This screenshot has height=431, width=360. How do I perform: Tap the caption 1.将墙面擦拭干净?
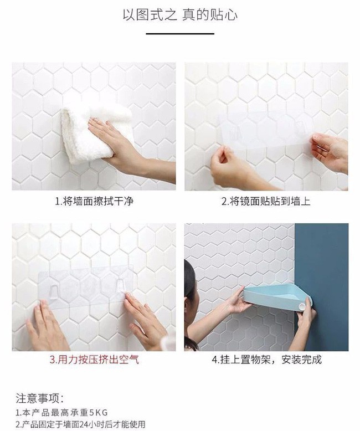pyautogui.click(x=94, y=201)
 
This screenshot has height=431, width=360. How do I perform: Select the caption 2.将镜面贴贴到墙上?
pyautogui.click(x=266, y=201)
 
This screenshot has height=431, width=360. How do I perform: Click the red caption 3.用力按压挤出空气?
pyautogui.click(x=94, y=360)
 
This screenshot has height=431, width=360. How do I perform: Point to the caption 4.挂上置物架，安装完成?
pyautogui.click(x=266, y=360)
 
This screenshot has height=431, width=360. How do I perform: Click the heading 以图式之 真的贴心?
pyautogui.click(x=180, y=15)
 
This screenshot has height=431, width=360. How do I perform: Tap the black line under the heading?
pyautogui.click(x=180, y=34)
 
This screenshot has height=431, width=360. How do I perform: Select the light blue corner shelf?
pyautogui.click(x=277, y=298)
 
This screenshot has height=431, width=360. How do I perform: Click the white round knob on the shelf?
pyautogui.click(x=302, y=307)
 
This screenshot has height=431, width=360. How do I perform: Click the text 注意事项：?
pyautogui.click(x=40, y=398)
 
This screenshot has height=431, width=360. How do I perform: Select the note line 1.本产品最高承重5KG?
pyautogui.click(x=61, y=413)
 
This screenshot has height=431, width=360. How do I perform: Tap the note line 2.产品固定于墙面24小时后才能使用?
pyautogui.click(x=80, y=424)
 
